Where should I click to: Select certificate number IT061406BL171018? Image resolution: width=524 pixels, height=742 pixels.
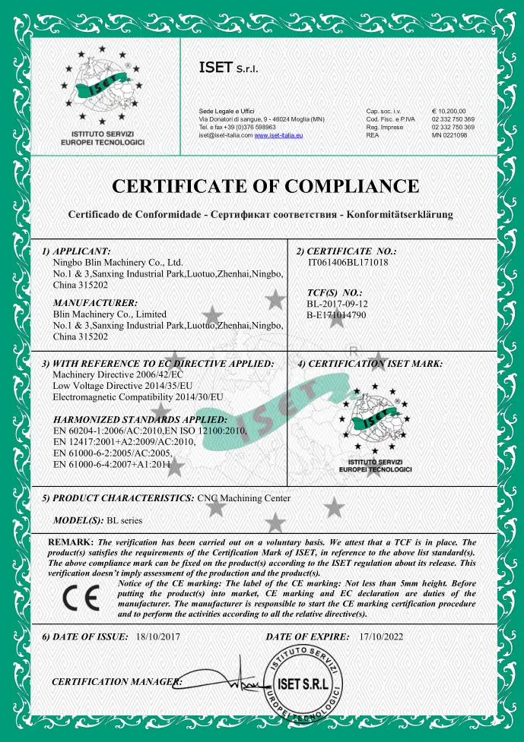[348, 262]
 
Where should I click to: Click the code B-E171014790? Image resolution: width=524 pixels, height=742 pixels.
[342, 314]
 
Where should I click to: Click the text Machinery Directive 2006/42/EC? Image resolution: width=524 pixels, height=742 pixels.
[108, 374]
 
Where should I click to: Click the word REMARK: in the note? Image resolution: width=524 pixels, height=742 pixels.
[71, 542]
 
